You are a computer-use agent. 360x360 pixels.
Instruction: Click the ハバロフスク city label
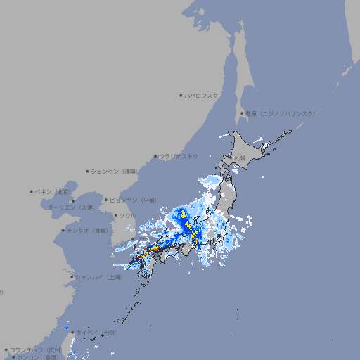click(202, 95)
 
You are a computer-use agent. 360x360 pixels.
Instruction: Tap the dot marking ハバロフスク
click(181, 95)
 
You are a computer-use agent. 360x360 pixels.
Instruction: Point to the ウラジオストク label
click(179, 156)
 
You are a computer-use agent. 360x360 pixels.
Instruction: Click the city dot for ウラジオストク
click(155, 157)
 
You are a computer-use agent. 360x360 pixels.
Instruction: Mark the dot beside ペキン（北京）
click(32, 191)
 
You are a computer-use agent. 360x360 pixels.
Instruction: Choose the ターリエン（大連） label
click(70, 207)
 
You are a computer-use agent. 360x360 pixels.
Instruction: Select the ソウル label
click(127, 215)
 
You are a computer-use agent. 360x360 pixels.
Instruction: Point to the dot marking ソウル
click(114, 215)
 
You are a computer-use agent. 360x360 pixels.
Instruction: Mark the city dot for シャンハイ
click(72, 277)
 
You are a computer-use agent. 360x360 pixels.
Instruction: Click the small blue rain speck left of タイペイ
click(67, 328)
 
